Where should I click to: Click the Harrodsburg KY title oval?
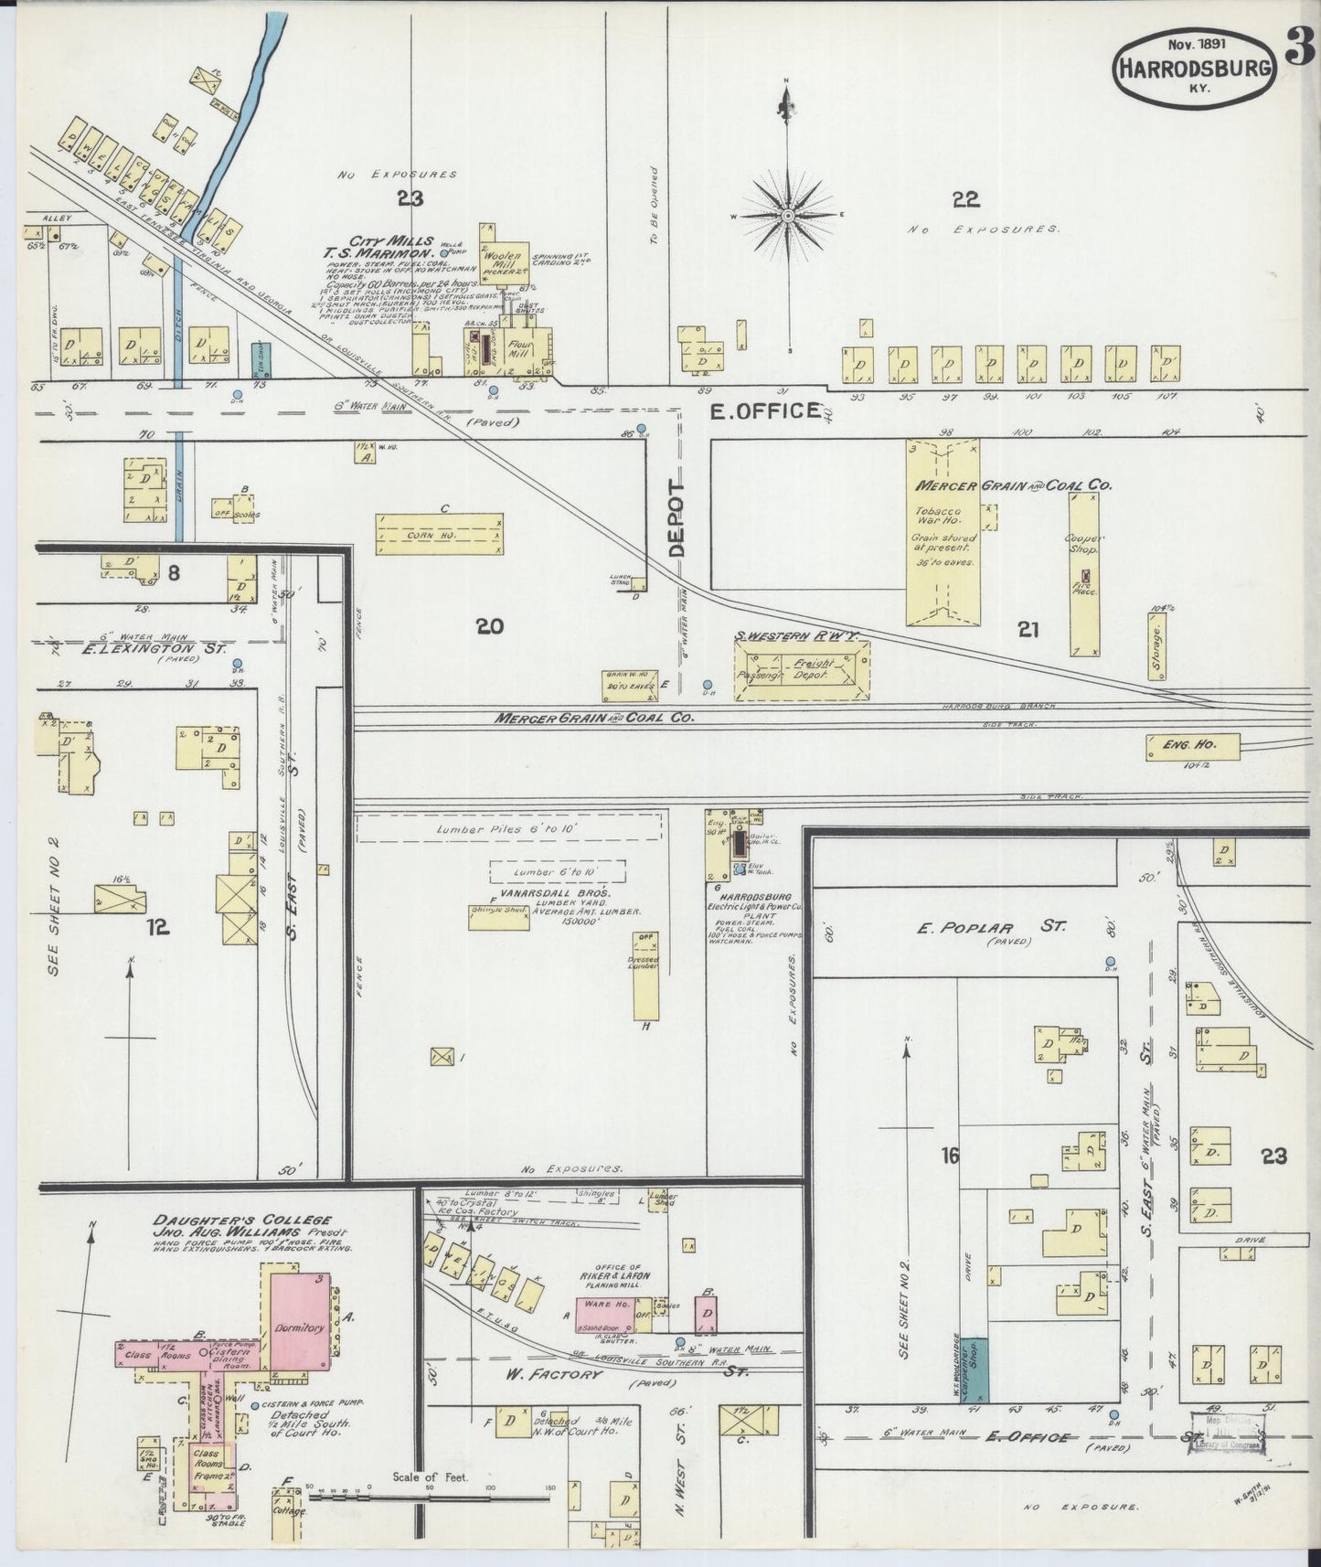coord(1193,65)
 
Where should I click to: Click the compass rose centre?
coord(787,216)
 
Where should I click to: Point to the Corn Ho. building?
coord(439,534)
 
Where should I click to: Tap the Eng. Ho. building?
coord(1194,746)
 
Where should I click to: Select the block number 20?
coord(490,627)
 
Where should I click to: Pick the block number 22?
coord(964,198)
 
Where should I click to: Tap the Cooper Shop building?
coord(1084,576)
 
